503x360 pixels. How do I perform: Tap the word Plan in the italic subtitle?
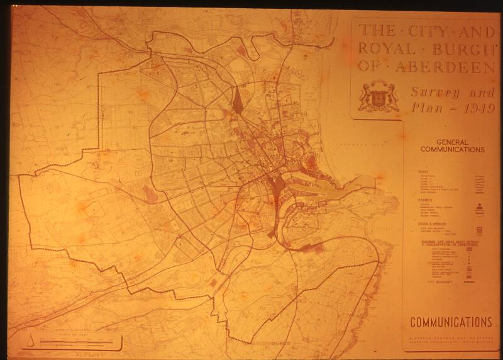[x=427, y=108]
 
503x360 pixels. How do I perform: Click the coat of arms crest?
[x=378, y=96]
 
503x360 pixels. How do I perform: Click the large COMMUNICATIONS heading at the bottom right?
[x=451, y=322]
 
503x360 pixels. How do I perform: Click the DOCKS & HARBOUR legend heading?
[x=422, y=224]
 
